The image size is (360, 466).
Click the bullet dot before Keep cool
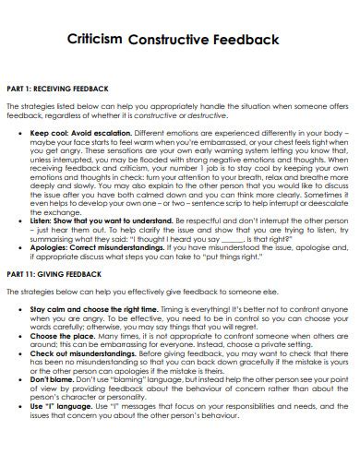pos(21,132)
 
